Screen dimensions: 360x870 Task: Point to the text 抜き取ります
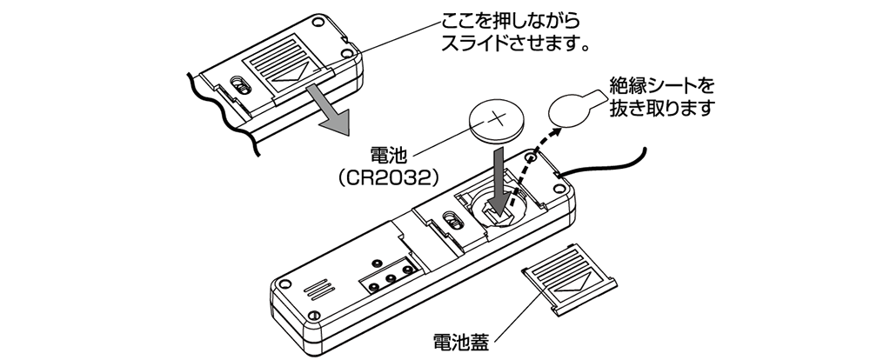coord(662,110)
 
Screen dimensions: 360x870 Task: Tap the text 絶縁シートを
coord(660,86)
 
